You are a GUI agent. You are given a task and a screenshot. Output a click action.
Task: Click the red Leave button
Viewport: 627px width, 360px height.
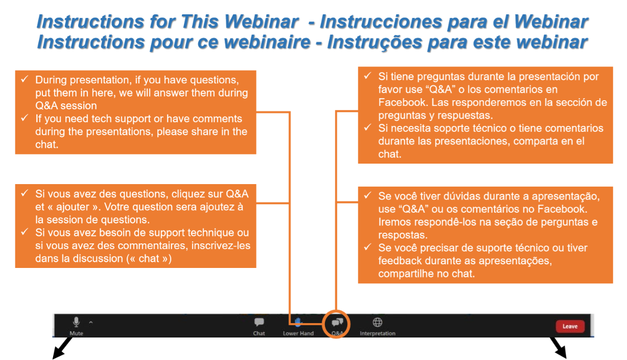click(570, 326)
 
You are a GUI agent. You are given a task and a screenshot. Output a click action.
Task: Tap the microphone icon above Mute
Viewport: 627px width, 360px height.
click(76, 322)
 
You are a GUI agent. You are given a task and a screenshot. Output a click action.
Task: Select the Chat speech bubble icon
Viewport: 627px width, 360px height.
click(259, 322)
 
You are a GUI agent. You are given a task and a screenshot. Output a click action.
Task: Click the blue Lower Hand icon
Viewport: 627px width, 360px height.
click(298, 322)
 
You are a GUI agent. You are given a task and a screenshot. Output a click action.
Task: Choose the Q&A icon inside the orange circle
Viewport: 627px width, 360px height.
click(337, 323)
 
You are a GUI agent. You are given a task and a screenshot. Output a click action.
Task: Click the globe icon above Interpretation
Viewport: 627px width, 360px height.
click(377, 322)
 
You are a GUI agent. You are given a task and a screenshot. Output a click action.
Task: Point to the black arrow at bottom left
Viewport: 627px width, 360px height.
click(63, 348)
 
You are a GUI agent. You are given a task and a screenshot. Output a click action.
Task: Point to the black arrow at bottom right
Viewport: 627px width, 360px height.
click(559, 348)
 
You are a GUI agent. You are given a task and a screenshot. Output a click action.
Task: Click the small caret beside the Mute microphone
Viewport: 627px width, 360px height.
click(90, 322)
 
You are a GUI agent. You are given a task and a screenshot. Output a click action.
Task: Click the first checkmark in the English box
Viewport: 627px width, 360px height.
click(25, 79)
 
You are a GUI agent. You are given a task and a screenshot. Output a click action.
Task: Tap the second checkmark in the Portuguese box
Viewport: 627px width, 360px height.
click(367, 247)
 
